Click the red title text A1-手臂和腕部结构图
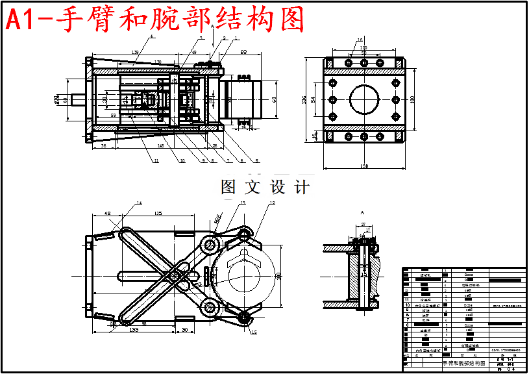coord(155,21)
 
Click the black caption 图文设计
coord(265,187)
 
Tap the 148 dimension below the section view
coord(160,145)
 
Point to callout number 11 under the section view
coord(156,160)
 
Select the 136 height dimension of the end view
coord(304,99)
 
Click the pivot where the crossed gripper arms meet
coord(175,275)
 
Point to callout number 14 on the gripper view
coord(139,203)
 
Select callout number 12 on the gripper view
coord(272,203)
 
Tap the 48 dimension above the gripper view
coord(108,213)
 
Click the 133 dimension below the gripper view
coord(134,330)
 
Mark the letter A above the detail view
coord(362,212)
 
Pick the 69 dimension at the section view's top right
coord(243,51)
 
